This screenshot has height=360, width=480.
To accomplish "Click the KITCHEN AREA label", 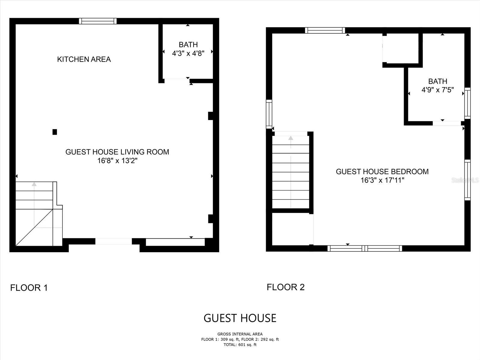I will [x=84, y=59].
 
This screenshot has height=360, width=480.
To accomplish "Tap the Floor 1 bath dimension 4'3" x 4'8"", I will [x=188, y=53].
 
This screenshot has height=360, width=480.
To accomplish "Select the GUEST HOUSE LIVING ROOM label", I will [x=117, y=152].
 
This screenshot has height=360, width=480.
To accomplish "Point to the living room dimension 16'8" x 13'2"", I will [x=117, y=161].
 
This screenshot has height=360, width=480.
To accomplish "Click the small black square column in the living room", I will [x=55, y=132].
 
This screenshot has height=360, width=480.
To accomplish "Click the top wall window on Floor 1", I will [x=98, y=21].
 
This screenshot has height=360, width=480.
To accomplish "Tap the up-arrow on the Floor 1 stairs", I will [x=34, y=184].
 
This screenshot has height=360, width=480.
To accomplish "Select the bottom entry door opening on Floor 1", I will [x=113, y=241].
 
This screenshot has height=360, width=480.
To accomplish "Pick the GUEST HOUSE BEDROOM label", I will [x=382, y=172].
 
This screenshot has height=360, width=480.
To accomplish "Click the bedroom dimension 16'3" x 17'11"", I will [x=382, y=180].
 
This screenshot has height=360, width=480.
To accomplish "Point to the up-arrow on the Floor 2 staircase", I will [x=291, y=138].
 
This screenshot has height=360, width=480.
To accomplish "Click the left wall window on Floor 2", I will [x=269, y=114].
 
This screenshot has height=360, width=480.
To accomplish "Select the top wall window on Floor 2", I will [x=325, y=30].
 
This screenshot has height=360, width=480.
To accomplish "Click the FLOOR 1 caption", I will [x=29, y=288].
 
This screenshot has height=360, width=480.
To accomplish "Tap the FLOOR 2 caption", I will [x=286, y=287].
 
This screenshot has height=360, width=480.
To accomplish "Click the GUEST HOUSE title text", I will [x=240, y=318].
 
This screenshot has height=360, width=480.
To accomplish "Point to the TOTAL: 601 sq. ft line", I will [x=240, y=345].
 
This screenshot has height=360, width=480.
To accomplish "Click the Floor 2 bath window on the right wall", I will [x=467, y=103].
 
